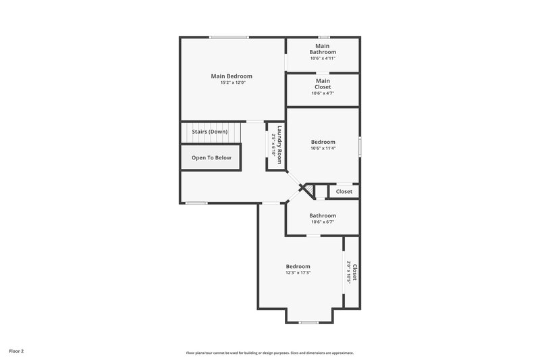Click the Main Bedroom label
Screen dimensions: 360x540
(232, 76)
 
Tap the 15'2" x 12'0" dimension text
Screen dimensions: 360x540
(232, 83)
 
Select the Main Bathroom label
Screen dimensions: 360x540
(323, 49)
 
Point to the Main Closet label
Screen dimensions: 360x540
(323, 84)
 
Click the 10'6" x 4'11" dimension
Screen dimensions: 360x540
(323, 59)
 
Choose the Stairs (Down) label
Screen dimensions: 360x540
(210, 131)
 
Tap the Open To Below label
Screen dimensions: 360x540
(211, 157)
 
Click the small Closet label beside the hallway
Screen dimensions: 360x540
(344, 192)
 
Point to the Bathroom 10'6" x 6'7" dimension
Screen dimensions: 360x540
(323, 222)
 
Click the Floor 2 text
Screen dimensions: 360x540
(17, 351)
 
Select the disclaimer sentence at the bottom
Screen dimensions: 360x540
(270, 353)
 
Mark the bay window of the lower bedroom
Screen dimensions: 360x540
(308, 322)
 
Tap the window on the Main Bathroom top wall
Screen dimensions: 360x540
(324, 36)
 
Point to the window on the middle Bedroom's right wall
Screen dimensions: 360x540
(360, 147)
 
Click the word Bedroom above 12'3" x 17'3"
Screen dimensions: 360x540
(298, 266)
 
